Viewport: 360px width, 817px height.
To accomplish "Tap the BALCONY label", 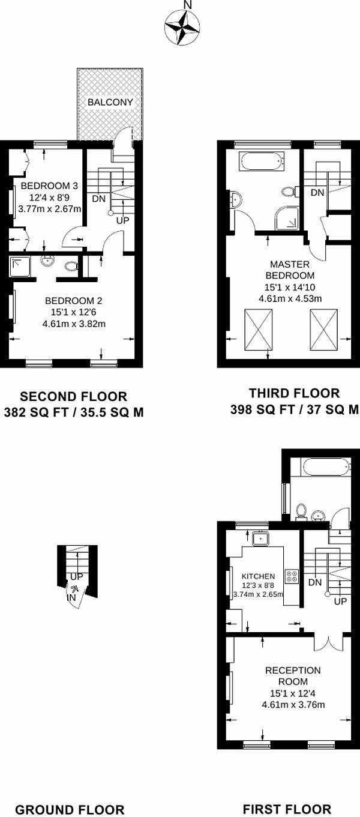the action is (x=110, y=102).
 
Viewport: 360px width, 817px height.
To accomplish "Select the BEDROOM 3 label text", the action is (x=49, y=185).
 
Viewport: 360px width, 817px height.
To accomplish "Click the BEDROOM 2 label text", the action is (x=74, y=301).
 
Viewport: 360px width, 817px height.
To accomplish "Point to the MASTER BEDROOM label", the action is (x=290, y=270).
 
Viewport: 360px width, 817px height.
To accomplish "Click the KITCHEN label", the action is (x=259, y=576).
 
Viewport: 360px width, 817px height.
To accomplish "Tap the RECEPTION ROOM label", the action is (x=293, y=676).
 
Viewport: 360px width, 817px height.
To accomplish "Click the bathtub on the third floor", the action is (x=261, y=161).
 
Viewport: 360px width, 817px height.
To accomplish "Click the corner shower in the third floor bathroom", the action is (x=287, y=219).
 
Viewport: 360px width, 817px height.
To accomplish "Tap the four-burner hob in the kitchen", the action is (x=292, y=576).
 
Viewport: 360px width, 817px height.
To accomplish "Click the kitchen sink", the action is (x=260, y=538).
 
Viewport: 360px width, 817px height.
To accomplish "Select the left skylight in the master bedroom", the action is (x=259, y=330).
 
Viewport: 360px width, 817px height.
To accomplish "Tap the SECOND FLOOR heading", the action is (x=73, y=396).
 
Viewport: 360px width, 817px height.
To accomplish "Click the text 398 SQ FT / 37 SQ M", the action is (x=295, y=409).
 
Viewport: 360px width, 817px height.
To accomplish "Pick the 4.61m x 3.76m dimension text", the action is (x=293, y=704).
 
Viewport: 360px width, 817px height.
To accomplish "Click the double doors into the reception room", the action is (x=328, y=644).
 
